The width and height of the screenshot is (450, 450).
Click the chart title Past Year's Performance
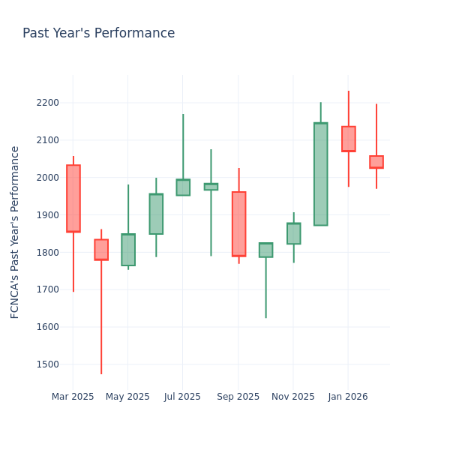pos(98,34)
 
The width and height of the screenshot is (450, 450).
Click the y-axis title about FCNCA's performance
pos(15,232)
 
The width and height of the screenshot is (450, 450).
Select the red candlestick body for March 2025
pos(73,199)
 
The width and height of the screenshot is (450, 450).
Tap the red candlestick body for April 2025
pos(101,250)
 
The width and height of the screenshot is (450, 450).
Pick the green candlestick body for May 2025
pos(128,250)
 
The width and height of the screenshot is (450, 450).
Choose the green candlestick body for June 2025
pos(156,214)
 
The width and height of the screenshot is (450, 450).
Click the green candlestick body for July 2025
pos(183,187)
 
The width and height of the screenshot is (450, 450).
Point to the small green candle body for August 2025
pos(211,187)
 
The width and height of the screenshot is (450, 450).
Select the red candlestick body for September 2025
pos(238,224)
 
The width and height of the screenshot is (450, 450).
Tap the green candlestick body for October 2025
pos(265,250)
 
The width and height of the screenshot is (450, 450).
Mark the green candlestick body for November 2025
pos(293,233)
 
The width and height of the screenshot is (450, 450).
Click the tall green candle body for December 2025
pos(321,174)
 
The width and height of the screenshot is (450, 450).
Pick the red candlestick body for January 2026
pos(349,139)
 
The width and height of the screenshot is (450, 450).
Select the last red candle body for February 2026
pos(376,162)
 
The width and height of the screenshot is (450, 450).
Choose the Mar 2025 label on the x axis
pos(73,397)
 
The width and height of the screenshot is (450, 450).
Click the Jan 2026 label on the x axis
pos(348,397)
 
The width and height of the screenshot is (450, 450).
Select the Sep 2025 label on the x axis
pos(238,397)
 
